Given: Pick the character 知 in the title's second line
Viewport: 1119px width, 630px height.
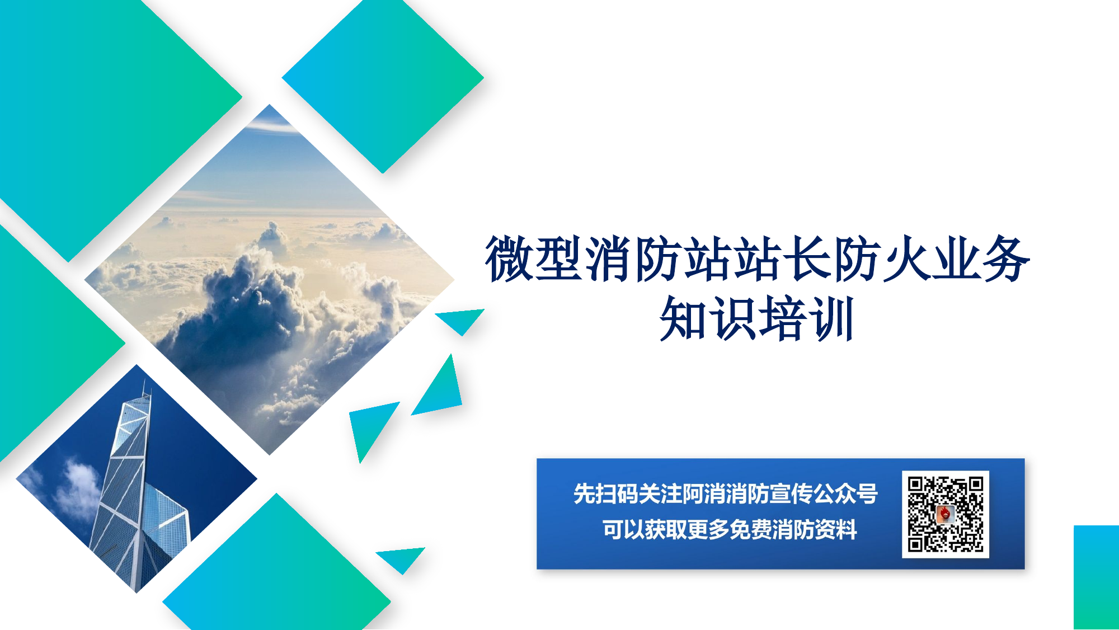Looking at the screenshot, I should click(x=683, y=318).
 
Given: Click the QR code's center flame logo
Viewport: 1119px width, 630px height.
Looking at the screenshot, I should click(x=945, y=514).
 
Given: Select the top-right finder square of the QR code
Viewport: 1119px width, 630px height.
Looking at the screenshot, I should click(x=975, y=485).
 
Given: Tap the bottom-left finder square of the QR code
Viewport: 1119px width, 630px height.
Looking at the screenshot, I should click(x=915, y=544).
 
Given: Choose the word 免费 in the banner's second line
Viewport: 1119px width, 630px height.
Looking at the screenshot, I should click(x=750, y=529).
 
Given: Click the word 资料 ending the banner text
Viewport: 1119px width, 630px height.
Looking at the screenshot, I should click(x=835, y=529).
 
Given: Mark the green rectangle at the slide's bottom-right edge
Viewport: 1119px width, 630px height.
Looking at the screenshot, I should click(x=1096, y=577).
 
